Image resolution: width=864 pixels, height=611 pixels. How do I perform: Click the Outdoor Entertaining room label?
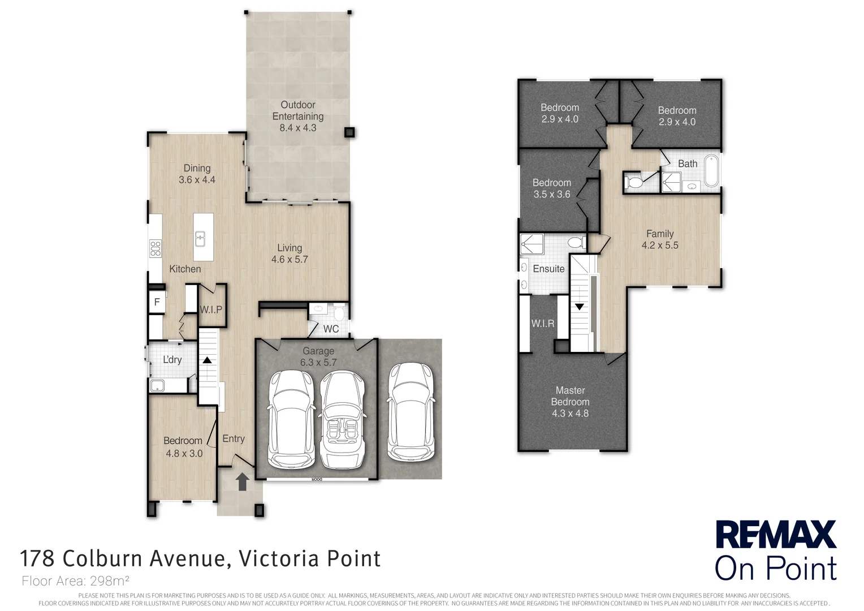pyautogui.click(x=298, y=116)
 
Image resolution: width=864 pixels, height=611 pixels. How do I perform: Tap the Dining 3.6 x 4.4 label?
pyautogui.click(x=197, y=174)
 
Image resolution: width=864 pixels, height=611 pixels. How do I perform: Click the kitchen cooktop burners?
pyautogui.click(x=155, y=248)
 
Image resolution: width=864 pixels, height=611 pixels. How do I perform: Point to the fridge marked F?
pyautogui.click(x=157, y=302)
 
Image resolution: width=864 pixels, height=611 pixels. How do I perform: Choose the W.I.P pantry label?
pyautogui.click(x=210, y=309)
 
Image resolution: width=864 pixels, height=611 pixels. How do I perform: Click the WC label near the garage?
pyautogui.click(x=331, y=329)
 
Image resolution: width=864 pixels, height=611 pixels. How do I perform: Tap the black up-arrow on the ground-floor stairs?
pyautogui.click(x=207, y=360)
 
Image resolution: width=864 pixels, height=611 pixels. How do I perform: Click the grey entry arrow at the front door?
pyautogui.click(x=242, y=481)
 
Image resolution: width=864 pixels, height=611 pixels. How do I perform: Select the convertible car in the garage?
pyautogui.click(x=342, y=420)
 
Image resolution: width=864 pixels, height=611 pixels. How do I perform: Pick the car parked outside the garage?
pyautogui.click(x=411, y=412)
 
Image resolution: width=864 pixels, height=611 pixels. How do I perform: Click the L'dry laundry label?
pyautogui.click(x=172, y=360)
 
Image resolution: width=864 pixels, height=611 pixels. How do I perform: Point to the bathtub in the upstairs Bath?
pyautogui.click(x=712, y=171)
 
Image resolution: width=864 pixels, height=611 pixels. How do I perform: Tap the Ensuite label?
pyautogui.click(x=548, y=269)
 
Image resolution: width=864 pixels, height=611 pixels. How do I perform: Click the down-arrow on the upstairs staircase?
pyautogui.click(x=580, y=307)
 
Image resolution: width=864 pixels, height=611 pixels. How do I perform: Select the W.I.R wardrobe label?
pyautogui.click(x=543, y=324)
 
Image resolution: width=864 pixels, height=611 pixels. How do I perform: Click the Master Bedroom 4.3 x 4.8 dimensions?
pyautogui.click(x=570, y=414)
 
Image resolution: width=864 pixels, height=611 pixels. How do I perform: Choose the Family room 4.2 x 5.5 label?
pyautogui.click(x=660, y=239)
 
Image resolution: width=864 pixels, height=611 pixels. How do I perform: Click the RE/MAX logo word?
pyautogui.click(x=776, y=534)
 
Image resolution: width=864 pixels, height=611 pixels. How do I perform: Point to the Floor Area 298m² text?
pyautogui.click(x=75, y=581)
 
